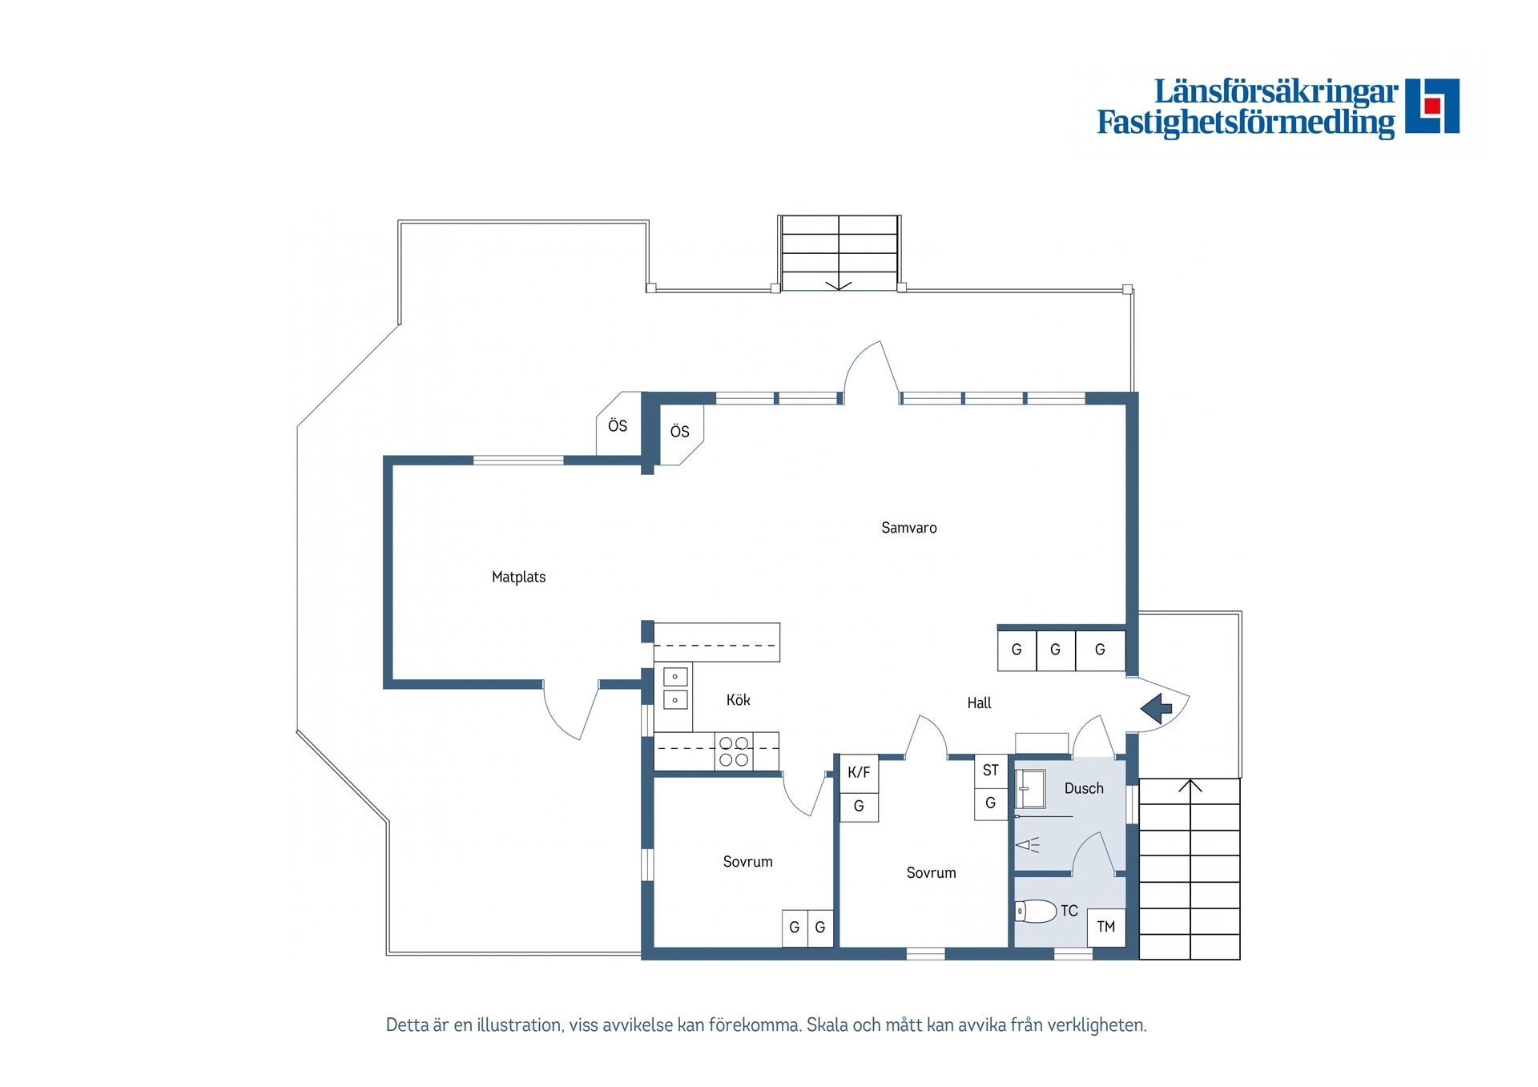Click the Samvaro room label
[908, 528]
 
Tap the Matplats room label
[518, 577]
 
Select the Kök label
[738, 699]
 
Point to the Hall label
[979, 703]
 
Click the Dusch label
[1084, 788]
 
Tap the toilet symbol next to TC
[1036, 911]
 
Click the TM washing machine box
[1106, 928]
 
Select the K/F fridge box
[859, 773]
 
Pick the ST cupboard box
[991, 771]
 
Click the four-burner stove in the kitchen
[734, 751]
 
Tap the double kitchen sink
[675, 688]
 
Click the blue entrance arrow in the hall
[1156, 709]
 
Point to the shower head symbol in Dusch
[1027, 844]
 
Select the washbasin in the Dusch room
[1031, 789]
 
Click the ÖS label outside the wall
[618, 426]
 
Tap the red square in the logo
[1432, 105]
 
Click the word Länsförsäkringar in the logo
[1276, 91]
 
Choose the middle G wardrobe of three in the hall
[1056, 650]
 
